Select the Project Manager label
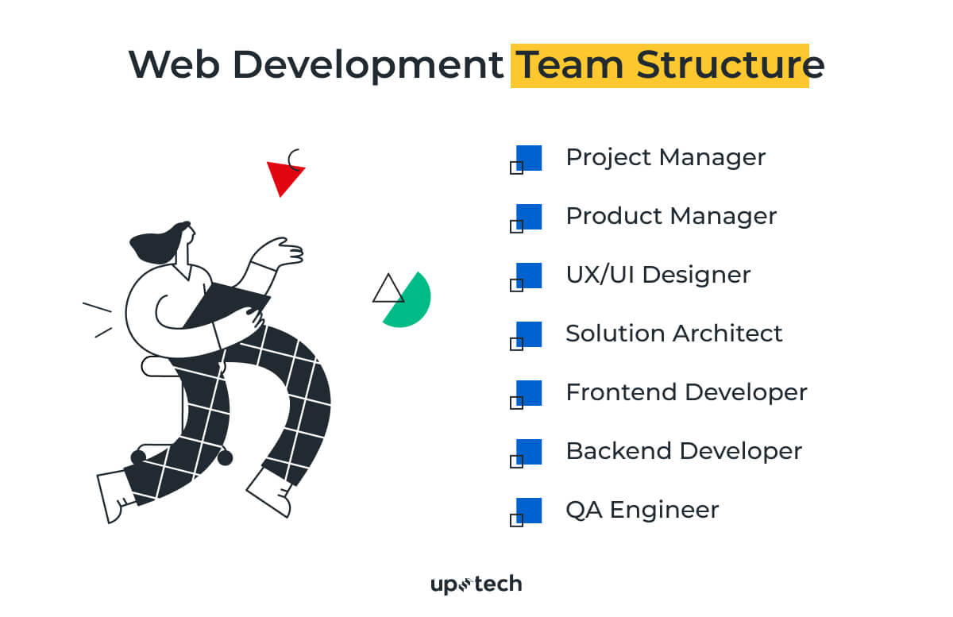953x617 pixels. (666, 157)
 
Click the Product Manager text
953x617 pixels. (671, 216)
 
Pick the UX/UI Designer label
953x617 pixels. (658, 275)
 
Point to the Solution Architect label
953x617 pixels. (673, 334)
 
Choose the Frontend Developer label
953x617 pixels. (686, 392)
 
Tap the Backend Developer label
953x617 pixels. (684, 451)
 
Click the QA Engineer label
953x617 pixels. (642, 510)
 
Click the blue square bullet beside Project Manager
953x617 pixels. (529, 157)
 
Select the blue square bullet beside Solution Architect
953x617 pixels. (529, 334)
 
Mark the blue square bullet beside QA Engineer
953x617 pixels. (529, 510)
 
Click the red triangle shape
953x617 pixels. (283, 176)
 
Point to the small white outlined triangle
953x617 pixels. (388, 291)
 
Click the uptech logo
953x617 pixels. (476, 585)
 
